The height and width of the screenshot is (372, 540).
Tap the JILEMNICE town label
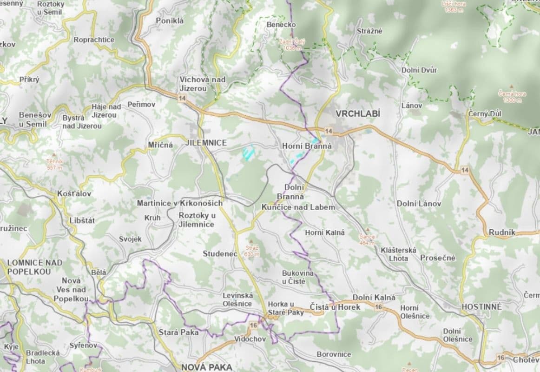click(205, 143)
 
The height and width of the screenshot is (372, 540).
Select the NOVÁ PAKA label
click(206, 367)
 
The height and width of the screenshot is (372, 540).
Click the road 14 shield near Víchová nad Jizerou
click(181, 98)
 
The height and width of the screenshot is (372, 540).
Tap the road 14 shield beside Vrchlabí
click(329, 131)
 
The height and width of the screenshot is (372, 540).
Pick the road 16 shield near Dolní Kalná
click(379, 307)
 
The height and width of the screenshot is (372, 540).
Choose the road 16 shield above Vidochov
click(253, 325)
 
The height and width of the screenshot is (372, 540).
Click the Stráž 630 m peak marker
click(251, 242)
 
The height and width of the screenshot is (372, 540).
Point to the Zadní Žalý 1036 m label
click(292, 44)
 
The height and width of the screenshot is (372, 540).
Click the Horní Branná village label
click(307, 146)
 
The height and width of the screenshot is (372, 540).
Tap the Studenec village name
click(220, 253)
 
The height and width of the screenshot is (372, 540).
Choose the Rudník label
click(502, 232)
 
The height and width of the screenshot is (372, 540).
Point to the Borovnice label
click(334, 354)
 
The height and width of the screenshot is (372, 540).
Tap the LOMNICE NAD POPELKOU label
click(35, 267)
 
